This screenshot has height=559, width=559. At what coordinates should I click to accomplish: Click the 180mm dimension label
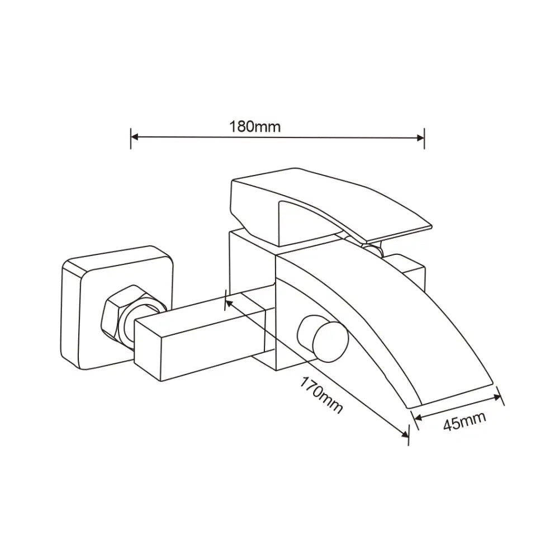coord(255,126)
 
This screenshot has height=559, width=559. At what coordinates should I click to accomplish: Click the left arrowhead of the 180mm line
coord(134,136)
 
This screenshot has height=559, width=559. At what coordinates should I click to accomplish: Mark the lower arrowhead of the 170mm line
coord(405,434)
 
